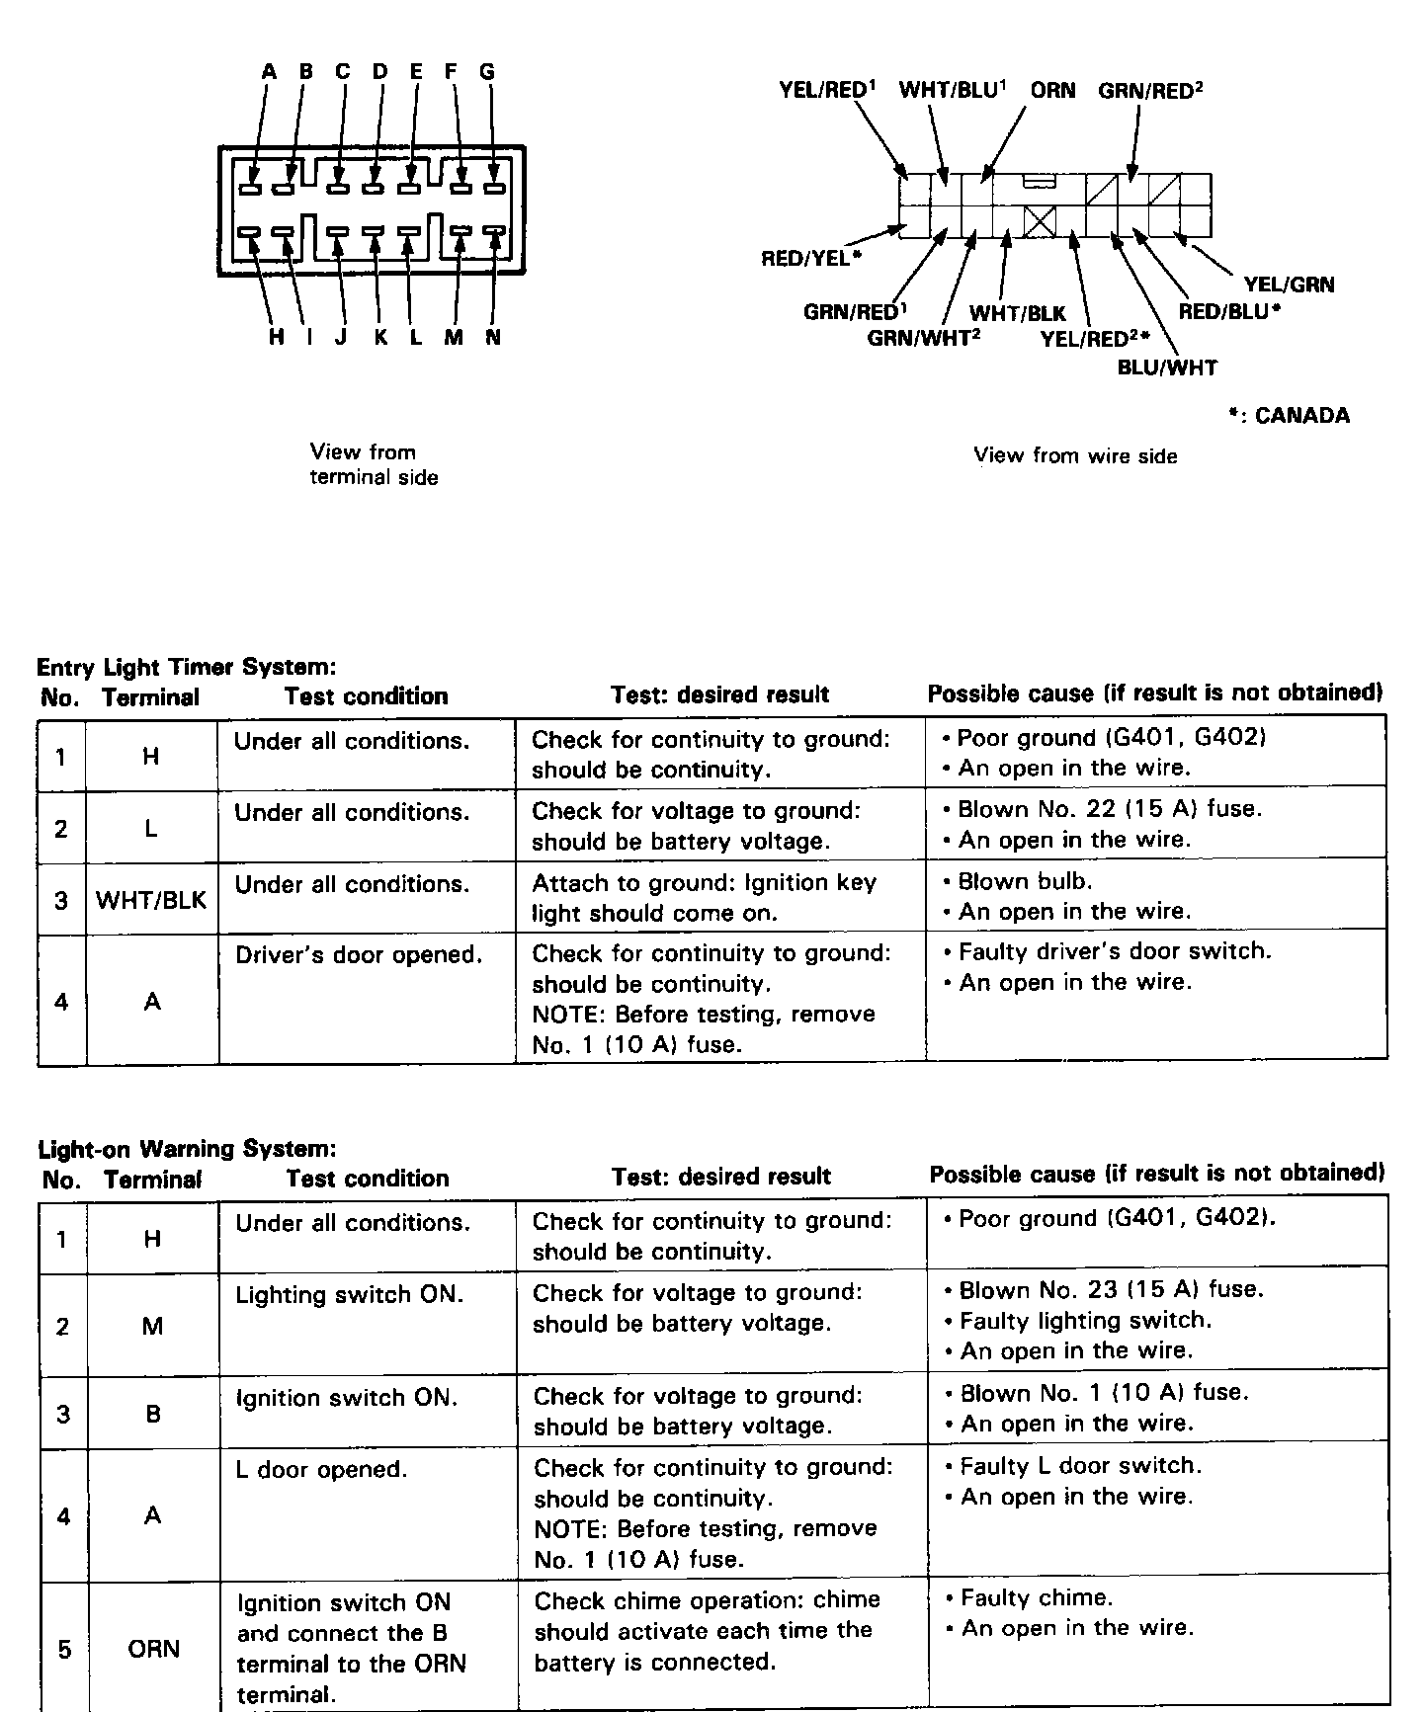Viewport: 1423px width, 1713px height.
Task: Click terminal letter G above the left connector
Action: pyautogui.click(x=486, y=72)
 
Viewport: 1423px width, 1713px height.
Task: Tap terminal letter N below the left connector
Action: pyautogui.click(x=493, y=338)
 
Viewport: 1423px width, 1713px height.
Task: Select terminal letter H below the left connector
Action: pyautogui.click(x=276, y=338)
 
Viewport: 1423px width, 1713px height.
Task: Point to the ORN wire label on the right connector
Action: pyautogui.click(x=1052, y=91)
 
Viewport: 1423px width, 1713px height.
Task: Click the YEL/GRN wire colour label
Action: pyautogui.click(x=1289, y=285)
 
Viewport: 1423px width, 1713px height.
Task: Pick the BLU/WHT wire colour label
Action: pyautogui.click(x=1167, y=368)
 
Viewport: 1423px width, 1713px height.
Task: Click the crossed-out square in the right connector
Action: pyautogui.click(x=1040, y=221)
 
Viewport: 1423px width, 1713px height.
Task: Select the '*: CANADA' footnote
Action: pyautogui.click(x=1289, y=416)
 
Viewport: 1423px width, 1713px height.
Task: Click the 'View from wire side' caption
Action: pyautogui.click(x=1075, y=456)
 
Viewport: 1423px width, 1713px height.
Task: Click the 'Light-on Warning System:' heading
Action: pyautogui.click(x=187, y=1149)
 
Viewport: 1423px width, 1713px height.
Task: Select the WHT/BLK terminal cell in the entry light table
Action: pyautogui.click(x=151, y=900)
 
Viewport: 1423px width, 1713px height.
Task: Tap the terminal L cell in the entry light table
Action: pyautogui.click(x=151, y=829)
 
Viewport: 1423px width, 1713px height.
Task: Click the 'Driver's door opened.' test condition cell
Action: pyautogui.click(x=359, y=956)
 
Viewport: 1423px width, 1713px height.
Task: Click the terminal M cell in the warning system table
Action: pyautogui.click(x=152, y=1326)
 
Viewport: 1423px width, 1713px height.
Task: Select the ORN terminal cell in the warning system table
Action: pyautogui.click(x=153, y=1649)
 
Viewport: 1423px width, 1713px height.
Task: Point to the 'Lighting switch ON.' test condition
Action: pyautogui.click(x=349, y=1295)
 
